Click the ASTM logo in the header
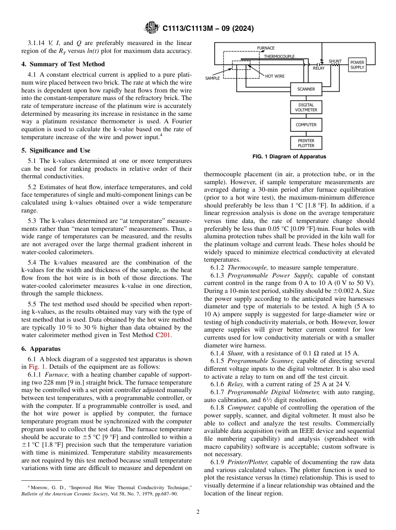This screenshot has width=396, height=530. pos(151,28)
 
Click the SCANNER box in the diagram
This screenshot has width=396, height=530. pos(306,89)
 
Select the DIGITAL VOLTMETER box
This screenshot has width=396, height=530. pos(306,107)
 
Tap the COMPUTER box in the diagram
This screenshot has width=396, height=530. pos(306,125)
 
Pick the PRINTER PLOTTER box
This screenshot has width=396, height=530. pos(306,143)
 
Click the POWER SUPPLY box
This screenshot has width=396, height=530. pos(357,65)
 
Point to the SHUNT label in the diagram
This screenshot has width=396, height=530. pos(335,61)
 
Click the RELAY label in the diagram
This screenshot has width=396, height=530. pos(318,68)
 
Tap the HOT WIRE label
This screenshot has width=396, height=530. pos(275,76)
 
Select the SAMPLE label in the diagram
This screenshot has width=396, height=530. pos(213,78)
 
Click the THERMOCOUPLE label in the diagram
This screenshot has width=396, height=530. pos(279,56)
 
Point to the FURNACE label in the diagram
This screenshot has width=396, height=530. pos(266,48)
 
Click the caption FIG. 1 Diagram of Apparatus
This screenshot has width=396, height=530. pos(289,157)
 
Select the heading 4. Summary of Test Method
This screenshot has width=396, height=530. pos(63,64)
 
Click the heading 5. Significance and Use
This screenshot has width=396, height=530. pos(56,150)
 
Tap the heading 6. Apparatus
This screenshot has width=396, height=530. pos(41,349)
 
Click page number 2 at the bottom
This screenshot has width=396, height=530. pos(198,512)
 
